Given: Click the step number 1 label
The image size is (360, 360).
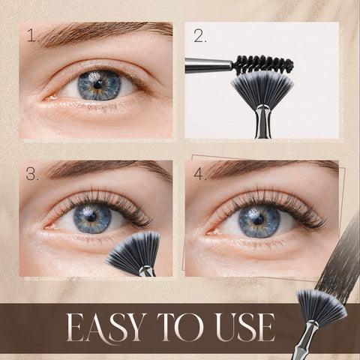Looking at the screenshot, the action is (33, 36).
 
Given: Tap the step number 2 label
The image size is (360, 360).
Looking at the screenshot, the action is (200, 37).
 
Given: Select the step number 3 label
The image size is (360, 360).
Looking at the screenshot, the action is (32, 173).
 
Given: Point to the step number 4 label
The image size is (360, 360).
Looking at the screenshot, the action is (200, 173).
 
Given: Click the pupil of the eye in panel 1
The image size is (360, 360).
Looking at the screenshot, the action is (97, 85).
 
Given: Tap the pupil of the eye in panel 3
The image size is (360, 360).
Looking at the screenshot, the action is (91, 217).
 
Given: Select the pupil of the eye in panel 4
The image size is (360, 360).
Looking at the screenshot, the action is (258, 220).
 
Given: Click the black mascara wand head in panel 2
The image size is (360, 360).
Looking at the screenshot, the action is (262, 64).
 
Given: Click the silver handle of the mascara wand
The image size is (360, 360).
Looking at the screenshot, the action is (208, 66).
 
